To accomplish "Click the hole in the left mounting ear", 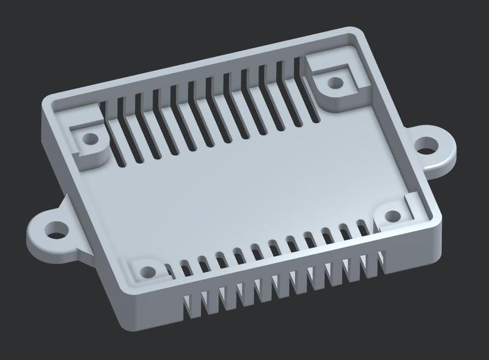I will (56, 230).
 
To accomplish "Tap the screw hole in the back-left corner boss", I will (90, 139).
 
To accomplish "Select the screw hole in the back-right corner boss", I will (334, 83).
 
